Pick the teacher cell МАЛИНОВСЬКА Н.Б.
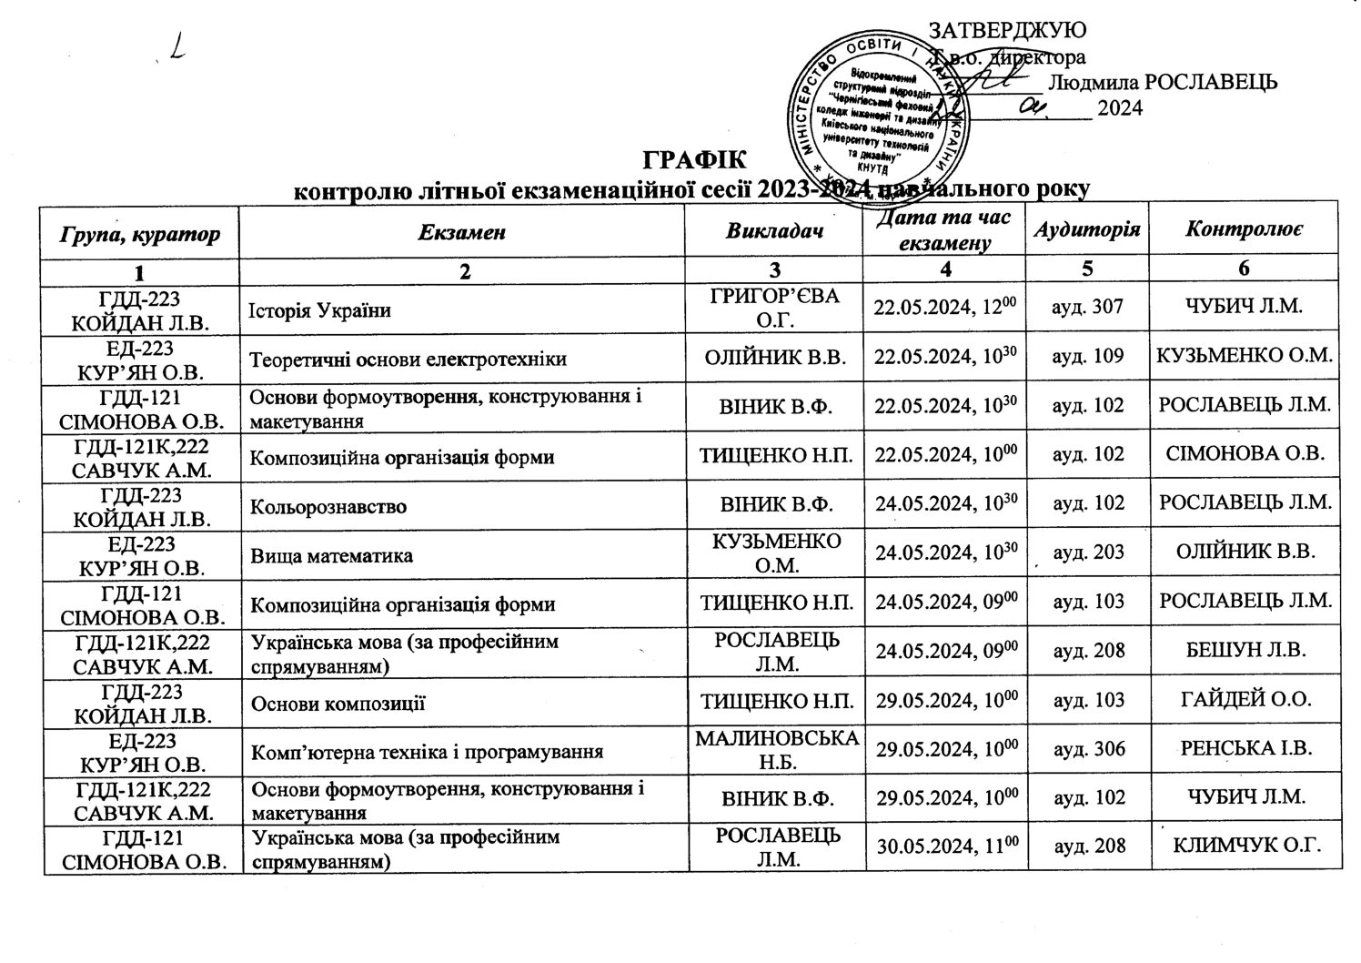tap(776, 748)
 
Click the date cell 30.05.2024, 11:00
tap(945, 846)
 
